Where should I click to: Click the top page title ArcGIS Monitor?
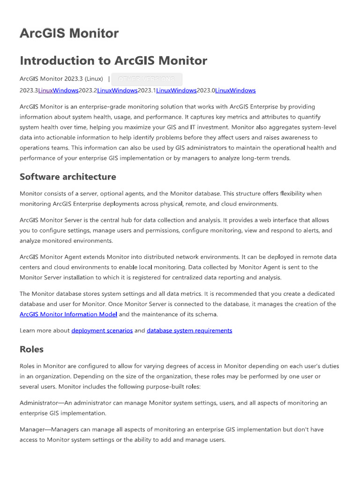[69, 33]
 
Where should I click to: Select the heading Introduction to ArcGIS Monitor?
[113, 60]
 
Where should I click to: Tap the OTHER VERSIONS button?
[146, 79]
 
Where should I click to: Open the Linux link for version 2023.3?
[45, 90]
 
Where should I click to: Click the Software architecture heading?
[67, 177]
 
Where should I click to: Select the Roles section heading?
[31, 349]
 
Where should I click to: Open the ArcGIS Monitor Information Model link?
[68, 314]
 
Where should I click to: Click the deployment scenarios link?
[102, 330]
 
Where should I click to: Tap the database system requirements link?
[189, 330]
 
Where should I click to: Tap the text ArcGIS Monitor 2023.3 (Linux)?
[61, 79]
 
